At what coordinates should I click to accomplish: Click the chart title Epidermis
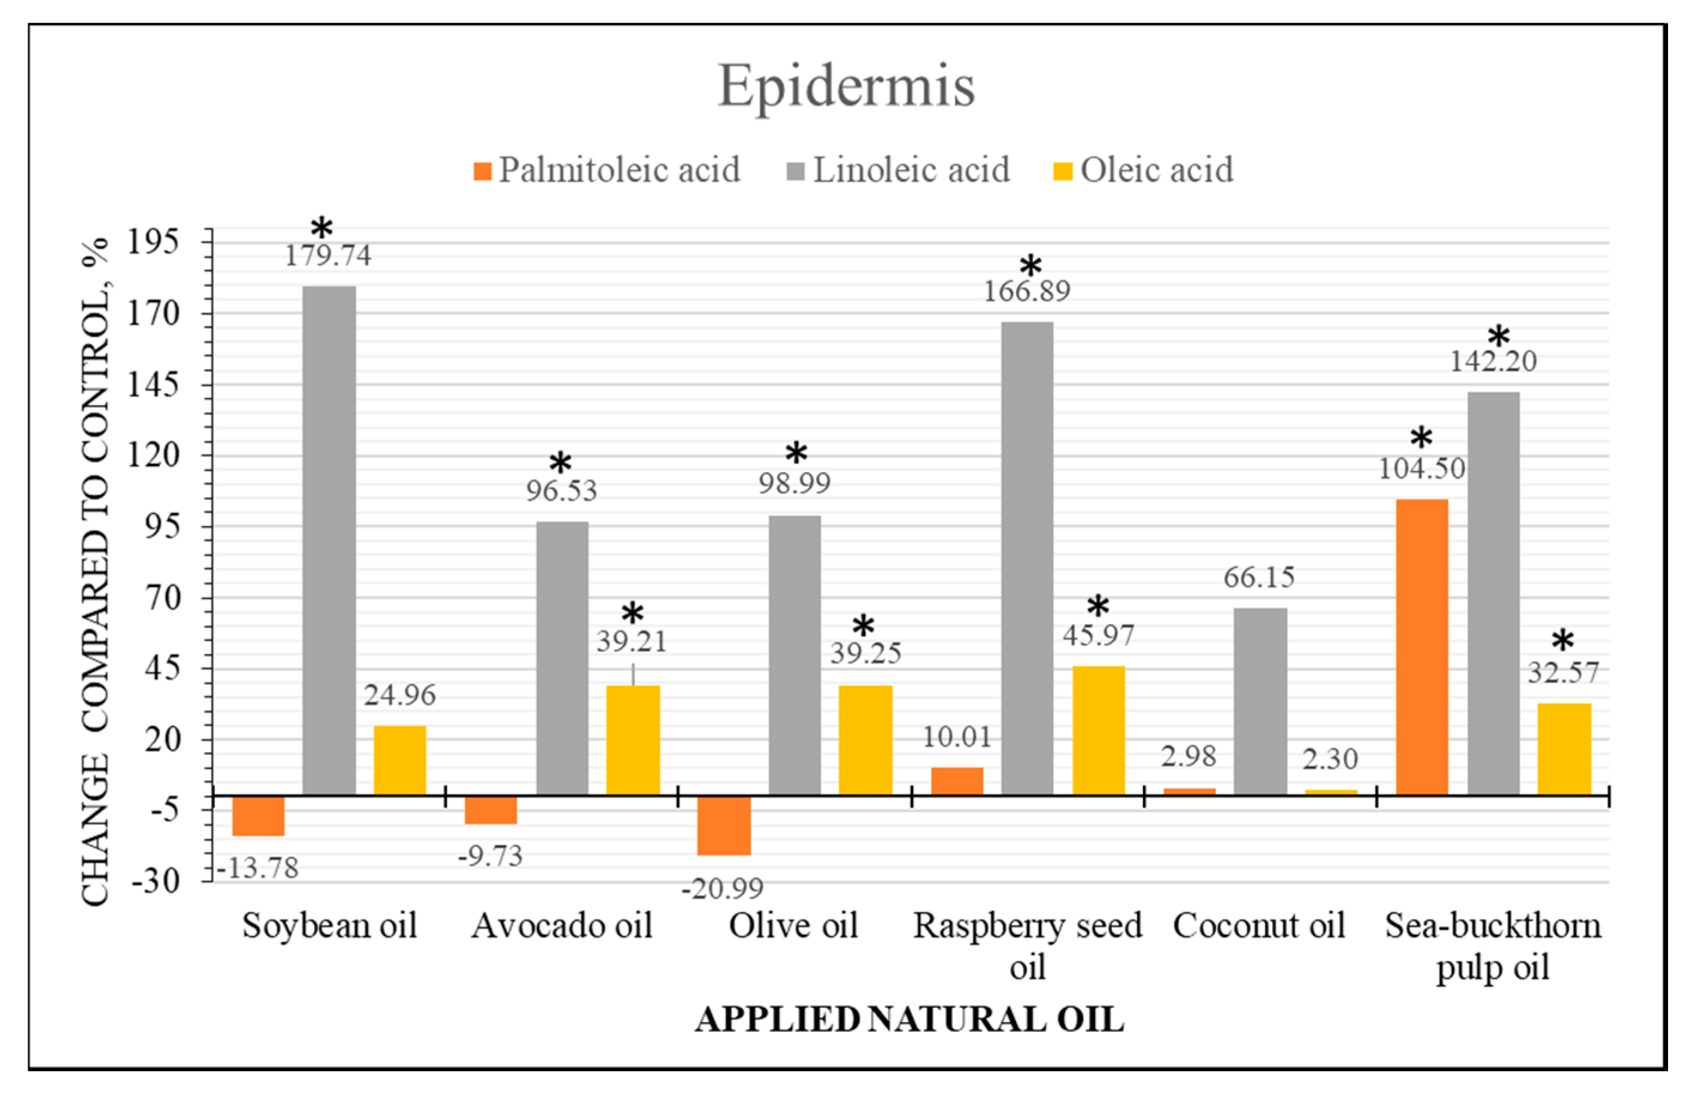846,86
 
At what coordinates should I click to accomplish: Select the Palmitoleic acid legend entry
607,170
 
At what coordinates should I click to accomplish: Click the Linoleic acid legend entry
899,170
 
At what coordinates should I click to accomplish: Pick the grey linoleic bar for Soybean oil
329,540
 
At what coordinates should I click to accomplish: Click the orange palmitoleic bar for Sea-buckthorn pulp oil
1422,647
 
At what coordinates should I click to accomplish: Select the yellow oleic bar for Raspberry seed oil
1099,731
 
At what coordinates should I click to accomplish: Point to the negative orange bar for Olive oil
724,825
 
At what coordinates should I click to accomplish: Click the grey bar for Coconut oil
1260,701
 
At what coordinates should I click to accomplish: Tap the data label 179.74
328,255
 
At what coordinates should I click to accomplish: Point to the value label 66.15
1259,577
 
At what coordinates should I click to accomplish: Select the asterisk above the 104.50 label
1421,438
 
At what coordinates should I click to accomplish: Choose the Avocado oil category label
562,926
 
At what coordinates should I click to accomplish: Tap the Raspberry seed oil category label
1027,946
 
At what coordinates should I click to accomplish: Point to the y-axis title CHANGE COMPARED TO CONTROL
95,569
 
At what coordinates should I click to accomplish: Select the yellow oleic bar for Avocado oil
633,740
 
